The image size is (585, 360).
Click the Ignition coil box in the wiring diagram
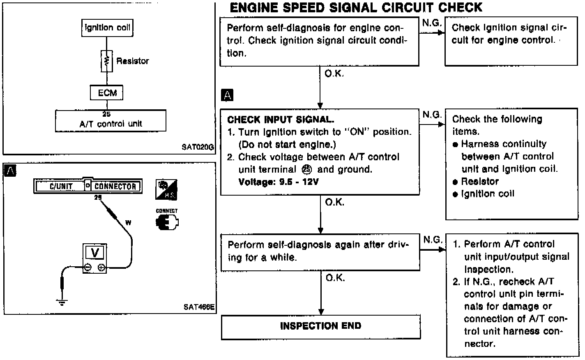pos(107,28)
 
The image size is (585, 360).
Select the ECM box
pos(106,92)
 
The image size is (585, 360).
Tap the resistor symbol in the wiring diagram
pos(106,61)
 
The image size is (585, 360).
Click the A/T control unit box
pos(111,121)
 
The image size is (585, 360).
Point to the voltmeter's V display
pos(95,252)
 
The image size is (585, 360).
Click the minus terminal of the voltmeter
pos(88,267)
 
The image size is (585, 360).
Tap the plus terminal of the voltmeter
pos(101,267)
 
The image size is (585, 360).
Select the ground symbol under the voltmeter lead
pos(62,302)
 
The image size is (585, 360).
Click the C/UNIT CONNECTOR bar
pos(88,186)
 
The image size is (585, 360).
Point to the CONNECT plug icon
pos(167,222)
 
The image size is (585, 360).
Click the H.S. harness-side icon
pos(166,190)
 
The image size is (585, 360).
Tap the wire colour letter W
pos(128,223)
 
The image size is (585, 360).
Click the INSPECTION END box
pos(321,327)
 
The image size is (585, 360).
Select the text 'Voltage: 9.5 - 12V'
pos(279,182)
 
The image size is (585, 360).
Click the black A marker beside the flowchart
pos(227,95)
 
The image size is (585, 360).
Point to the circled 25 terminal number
pos(307,170)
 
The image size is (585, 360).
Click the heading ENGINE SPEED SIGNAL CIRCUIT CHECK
pos(356,7)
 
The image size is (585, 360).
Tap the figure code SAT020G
pos(198,147)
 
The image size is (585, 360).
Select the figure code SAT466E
pos(199,307)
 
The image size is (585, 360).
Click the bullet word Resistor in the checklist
pos(480,181)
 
